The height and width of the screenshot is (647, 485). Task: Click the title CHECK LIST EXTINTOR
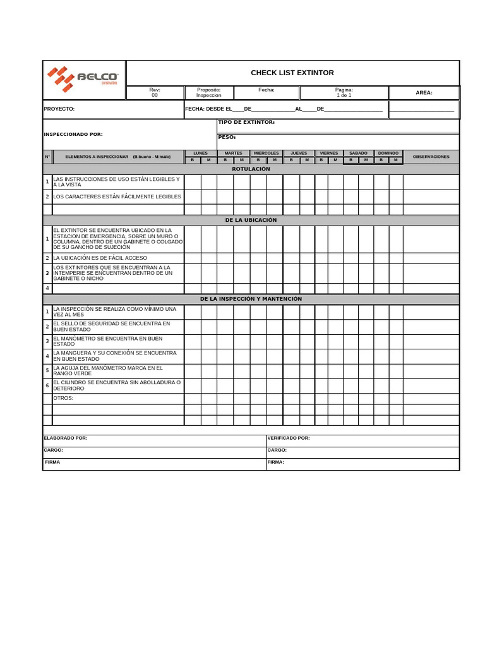pos(292,73)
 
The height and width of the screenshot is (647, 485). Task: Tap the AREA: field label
pos(424,93)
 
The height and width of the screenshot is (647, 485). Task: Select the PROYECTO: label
pos(59,109)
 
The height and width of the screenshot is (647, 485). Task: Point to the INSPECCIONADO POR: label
pos(73,134)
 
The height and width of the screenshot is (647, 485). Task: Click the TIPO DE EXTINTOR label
pos(246,122)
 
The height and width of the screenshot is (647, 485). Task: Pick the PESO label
pos(227,137)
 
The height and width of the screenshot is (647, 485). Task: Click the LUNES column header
pos(200,153)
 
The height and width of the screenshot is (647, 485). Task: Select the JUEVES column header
pos(299,153)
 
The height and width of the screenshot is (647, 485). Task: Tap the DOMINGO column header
pos(388,153)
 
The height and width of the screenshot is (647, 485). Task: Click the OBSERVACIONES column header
pos(431,156)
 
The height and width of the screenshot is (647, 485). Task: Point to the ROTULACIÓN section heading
pos(251,169)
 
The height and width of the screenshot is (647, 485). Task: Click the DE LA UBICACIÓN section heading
pos(251,220)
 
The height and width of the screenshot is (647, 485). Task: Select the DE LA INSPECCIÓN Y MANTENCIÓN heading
pos(251,299)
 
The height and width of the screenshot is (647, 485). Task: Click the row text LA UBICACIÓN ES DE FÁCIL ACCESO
pos(100,258)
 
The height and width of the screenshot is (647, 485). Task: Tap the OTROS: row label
pos(63,398)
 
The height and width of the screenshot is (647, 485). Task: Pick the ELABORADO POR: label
pos(66,438)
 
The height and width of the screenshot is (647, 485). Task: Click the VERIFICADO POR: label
pos(289,438)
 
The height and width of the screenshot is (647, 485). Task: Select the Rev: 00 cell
pos(155,92)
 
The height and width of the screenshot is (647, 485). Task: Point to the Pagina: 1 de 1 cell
pos(344,92)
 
